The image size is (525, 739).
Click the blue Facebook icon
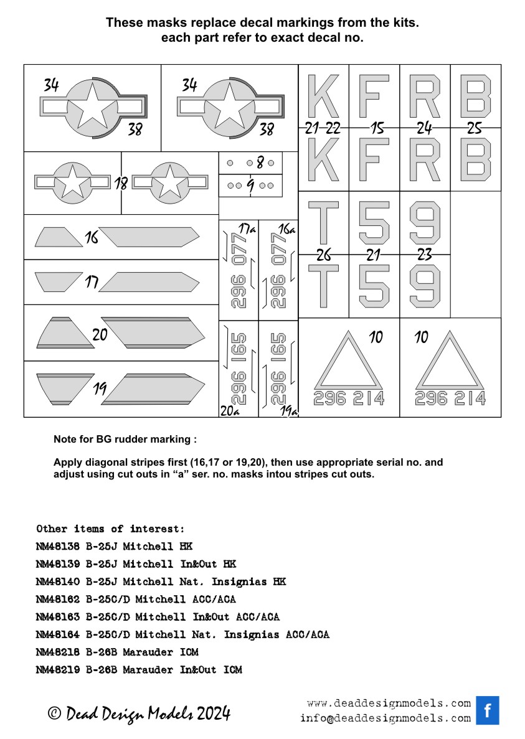point(488,710)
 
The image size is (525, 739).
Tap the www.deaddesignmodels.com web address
point(389,704)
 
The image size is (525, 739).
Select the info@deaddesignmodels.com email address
point(385,718)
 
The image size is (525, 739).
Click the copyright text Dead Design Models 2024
point(140,713)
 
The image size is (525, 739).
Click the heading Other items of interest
point(110,529)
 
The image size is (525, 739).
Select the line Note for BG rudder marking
point(125,440)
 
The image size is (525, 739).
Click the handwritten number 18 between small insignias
point(121,184)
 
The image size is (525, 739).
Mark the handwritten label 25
point(475,129)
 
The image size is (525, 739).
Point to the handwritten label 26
point(323,255)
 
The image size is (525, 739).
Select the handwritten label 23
point(425,255)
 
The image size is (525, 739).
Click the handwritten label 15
point(376,129)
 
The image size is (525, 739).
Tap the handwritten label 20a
point(229,411)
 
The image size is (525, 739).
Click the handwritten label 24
point(425,129)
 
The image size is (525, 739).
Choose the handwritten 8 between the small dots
point(260,163)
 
